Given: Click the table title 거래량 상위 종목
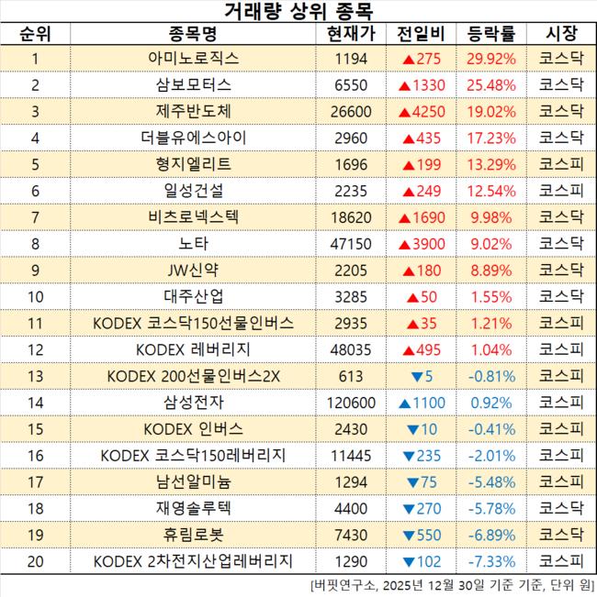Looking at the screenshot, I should (298, 12).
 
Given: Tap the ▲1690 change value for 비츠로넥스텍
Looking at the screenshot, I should (422, 219).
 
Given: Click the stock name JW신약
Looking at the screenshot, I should (194, 271).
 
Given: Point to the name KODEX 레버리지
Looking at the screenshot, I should (194, 350).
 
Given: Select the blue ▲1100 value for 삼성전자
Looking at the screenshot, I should (422, 404).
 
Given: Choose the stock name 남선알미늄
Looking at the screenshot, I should (194, 482).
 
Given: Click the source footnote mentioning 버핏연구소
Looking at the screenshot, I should (450, 585).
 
